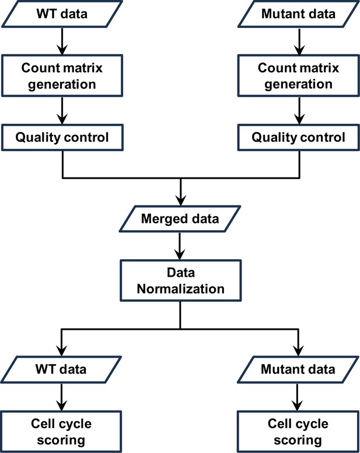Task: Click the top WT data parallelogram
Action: [62, 14]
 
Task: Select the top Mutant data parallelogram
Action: [299, 14]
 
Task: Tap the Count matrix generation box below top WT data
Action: [62, 76]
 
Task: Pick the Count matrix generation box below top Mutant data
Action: [299, 76]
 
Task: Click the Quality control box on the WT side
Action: [62, 138]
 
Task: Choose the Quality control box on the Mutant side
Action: [299, 138]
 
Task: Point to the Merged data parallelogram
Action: [180, 219]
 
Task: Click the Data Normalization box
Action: [180, 281]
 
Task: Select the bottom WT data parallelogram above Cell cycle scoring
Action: [61, 370]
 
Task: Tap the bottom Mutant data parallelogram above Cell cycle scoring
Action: [298, 370]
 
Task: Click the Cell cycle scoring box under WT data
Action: [61, 431]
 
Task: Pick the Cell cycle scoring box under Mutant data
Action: [298, 431]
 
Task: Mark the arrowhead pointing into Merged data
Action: [181, 201]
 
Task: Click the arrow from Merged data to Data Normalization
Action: [180, 246]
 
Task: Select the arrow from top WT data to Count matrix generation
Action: [62, 41]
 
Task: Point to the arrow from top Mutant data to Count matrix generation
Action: [299, 41]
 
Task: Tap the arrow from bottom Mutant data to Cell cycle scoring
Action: [298, 397]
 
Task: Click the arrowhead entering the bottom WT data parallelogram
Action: [61, 351]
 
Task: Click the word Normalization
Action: [180, 288]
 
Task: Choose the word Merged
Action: [162, 219]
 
